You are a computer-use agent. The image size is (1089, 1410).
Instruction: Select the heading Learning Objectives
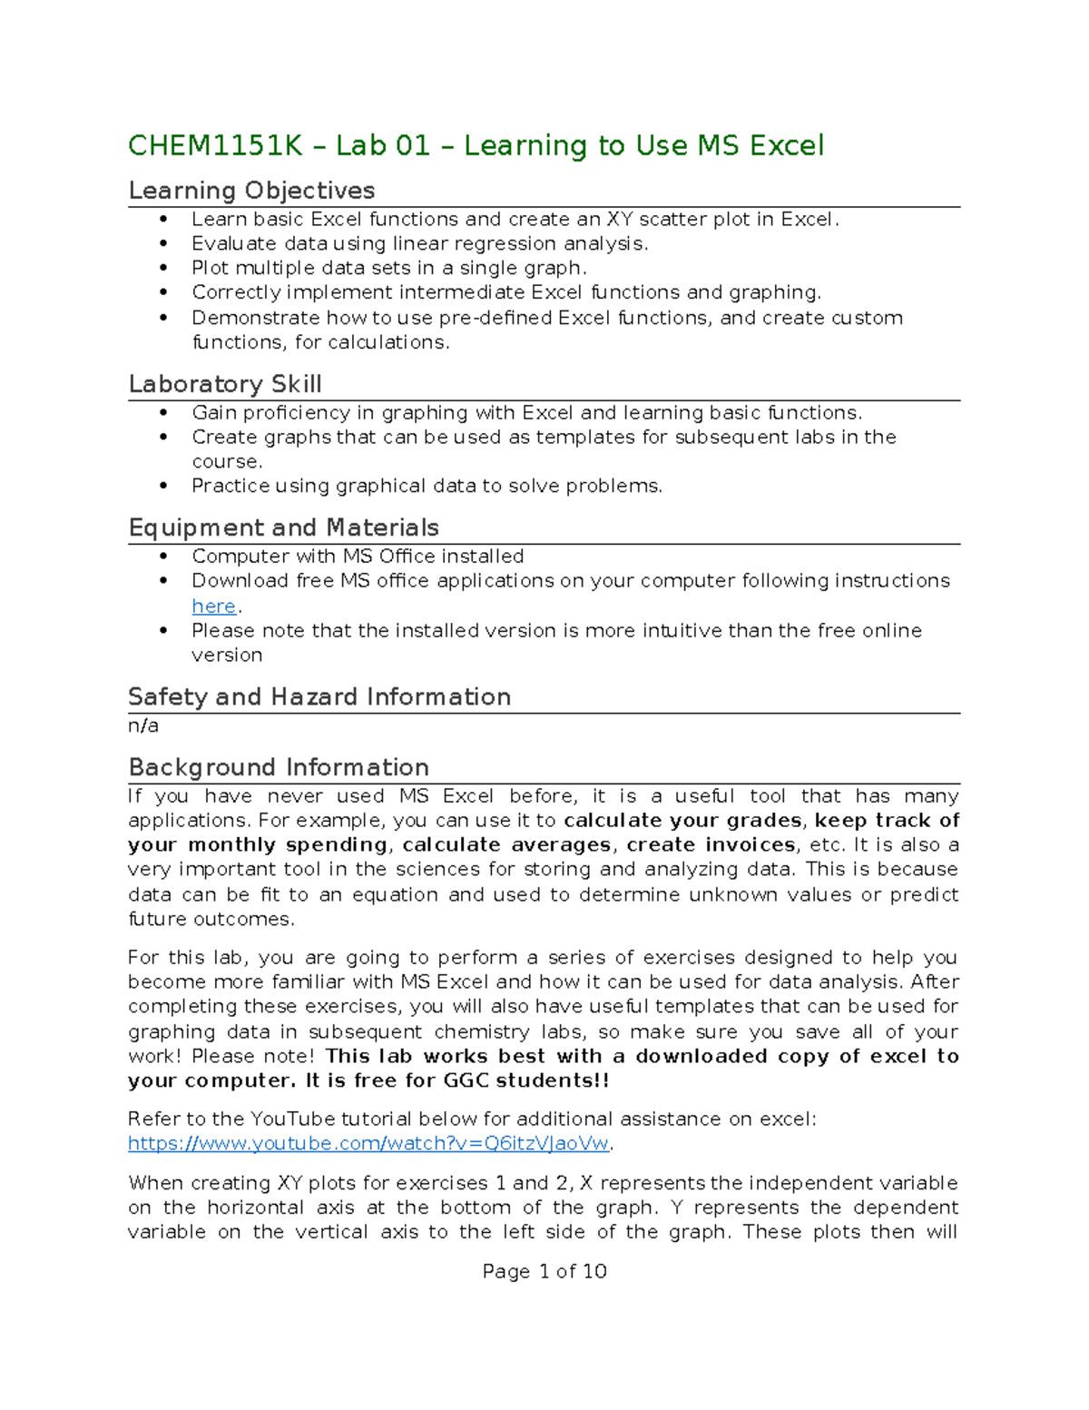coord(251,191)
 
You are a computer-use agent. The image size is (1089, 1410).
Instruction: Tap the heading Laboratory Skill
coord(225,384)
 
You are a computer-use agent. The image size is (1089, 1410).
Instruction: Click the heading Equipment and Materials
coord(283,528)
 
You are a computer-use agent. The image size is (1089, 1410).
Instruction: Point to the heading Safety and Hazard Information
coord(319,696)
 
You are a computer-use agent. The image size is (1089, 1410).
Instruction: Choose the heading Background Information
coord(279,767)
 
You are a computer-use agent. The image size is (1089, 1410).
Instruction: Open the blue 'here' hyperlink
coord(214,606)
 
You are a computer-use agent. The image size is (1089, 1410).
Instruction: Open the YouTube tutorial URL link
coord(369,1143)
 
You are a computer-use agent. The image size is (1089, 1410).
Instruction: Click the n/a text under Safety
coord(143,725)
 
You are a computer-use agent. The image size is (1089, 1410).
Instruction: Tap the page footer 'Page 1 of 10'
coord(544,1271)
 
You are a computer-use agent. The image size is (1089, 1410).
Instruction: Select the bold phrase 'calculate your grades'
coord(682,821)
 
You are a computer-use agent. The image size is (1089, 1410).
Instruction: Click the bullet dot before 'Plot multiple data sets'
coord(163,268)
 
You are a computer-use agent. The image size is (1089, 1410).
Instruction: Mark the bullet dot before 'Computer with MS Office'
coord(163,557)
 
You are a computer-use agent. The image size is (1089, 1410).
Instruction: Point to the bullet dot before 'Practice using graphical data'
coord(163,486)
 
